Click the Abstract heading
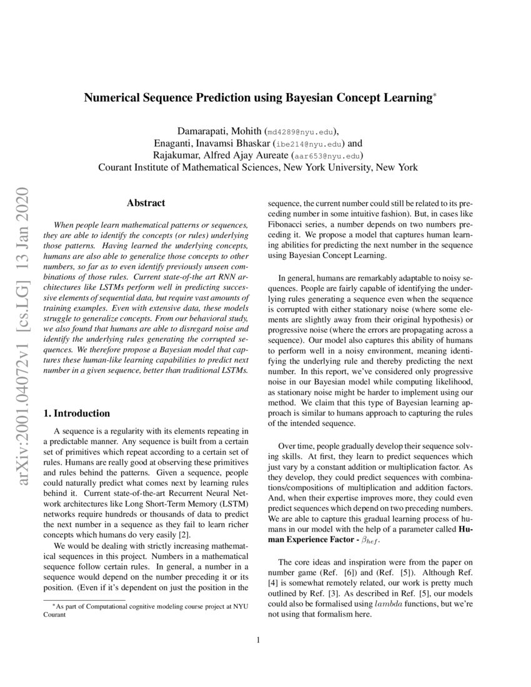click(146, 203)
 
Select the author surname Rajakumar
click(179, 156)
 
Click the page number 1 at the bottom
click(265, 640)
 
